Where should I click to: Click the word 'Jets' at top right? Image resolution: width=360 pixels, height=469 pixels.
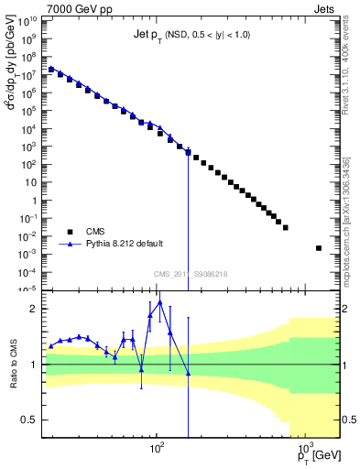click(326, 7)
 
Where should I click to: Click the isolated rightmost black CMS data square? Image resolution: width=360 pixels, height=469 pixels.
click(319, 248)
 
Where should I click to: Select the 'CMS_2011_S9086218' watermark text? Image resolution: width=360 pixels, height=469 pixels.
click(190, 274)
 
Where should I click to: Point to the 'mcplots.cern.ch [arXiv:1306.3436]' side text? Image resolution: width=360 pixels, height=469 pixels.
click(351, 206)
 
